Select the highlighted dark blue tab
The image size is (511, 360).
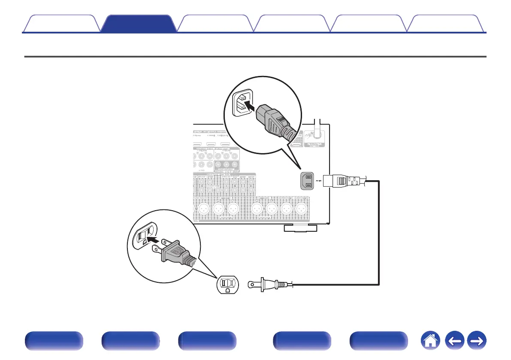click(x=140, y=24)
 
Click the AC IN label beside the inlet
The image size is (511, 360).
click(x=319, y=181)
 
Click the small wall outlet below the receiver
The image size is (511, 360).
click(x=228, y=284)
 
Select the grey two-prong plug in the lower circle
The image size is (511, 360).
click(x=176, y=254)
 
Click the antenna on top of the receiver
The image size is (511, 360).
click(x=318, y=129)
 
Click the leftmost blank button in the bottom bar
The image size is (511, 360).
click(x=54, y=342)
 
